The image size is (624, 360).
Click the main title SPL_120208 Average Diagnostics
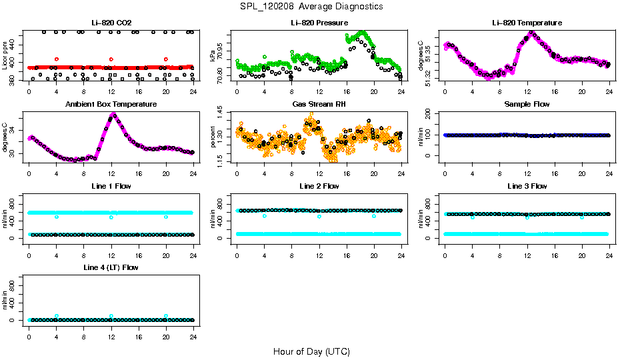tap(312, 6)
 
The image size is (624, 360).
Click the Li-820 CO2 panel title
tap(111, 23)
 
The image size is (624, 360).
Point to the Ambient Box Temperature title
tap(111, 105)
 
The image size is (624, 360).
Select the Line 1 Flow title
tap(111, 186)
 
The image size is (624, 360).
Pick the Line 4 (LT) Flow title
tap(111, 267)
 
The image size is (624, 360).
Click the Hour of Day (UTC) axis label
tap(311, 351)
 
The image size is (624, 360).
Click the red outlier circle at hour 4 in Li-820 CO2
tap(57, 59)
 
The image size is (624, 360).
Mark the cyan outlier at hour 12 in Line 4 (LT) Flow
tap(111, 316)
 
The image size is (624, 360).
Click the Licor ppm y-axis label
tap(5, 57)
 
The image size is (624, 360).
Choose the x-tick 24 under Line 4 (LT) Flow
tap(193, 329)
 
